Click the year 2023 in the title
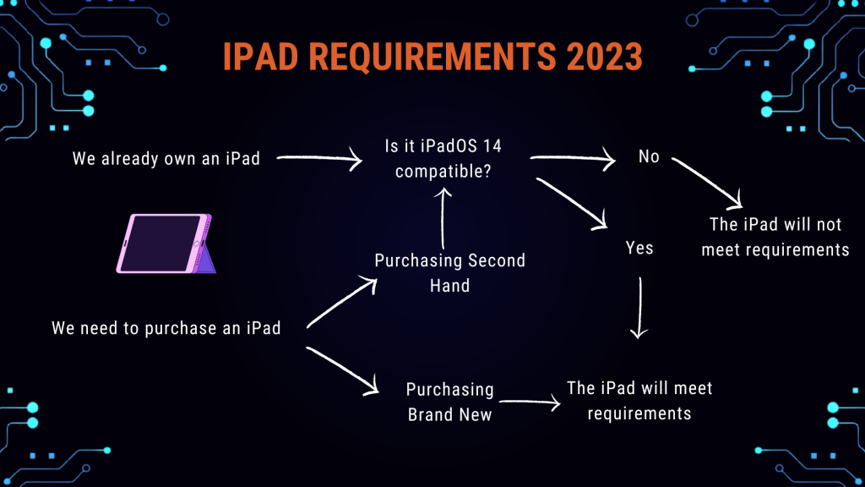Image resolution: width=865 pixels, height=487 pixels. coord(604,57)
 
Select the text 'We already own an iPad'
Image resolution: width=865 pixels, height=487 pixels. coord(166,159)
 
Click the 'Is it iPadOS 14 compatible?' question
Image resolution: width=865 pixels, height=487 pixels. coord(443,158)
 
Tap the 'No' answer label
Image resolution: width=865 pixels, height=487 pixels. coord(649,156)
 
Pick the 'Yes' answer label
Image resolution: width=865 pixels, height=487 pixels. coord(639,248)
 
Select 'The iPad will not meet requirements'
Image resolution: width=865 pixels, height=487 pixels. coord(775,237)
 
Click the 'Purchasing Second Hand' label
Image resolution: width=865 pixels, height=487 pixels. coord(449,273)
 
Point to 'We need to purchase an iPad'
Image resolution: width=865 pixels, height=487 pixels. coord(166,328)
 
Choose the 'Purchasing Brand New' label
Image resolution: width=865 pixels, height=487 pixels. coord(449,402)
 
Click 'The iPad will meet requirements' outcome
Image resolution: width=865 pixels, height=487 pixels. coord(639,400)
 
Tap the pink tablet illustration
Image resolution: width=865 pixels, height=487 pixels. coord(166,243)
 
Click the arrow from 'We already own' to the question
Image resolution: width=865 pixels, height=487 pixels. coord(318,158)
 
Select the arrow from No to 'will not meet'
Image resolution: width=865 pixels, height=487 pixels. coord(707,183)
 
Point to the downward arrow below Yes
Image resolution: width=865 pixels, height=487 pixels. coord(639,308)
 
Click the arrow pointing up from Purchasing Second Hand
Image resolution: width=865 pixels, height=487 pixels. coord(443,219)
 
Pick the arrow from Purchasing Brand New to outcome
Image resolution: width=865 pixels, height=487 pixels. coord(530,402)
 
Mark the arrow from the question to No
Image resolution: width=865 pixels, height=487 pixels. coord(573,158)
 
